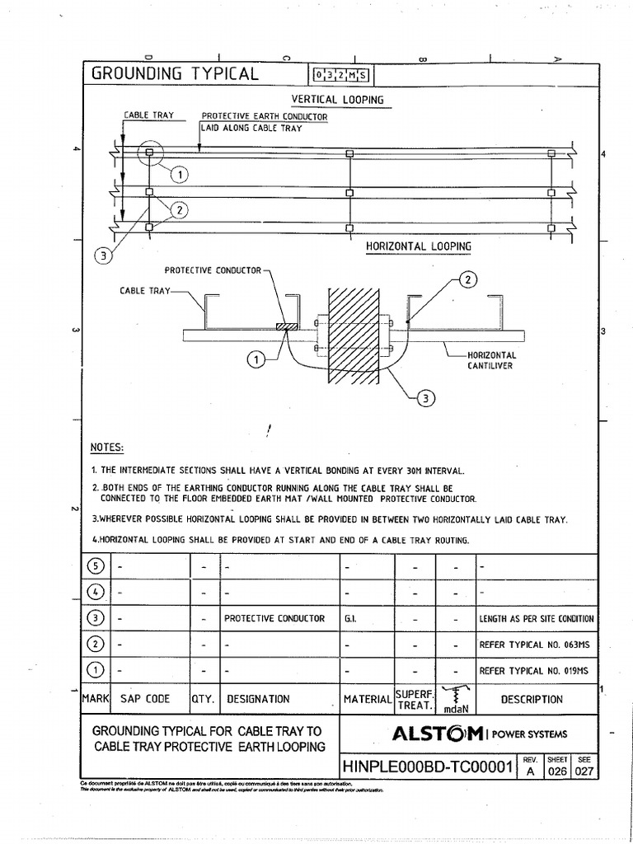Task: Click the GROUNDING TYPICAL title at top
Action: coord(175,73)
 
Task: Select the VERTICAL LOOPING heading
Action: coord(338,100)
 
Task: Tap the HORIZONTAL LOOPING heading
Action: coord(419,246)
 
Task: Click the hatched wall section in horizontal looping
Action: coord(354,334)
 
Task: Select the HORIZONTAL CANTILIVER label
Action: coord(490,360)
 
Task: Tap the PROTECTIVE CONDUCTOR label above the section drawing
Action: coord(213,270)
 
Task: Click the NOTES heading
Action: coord(107,448)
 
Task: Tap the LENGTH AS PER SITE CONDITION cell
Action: coord(536,618)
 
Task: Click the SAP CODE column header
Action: coord(145,699)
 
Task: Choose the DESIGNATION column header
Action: coord(258,699)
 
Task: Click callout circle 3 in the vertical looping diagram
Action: coord(103,256)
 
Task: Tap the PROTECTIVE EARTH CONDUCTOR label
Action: coord(265,116)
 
